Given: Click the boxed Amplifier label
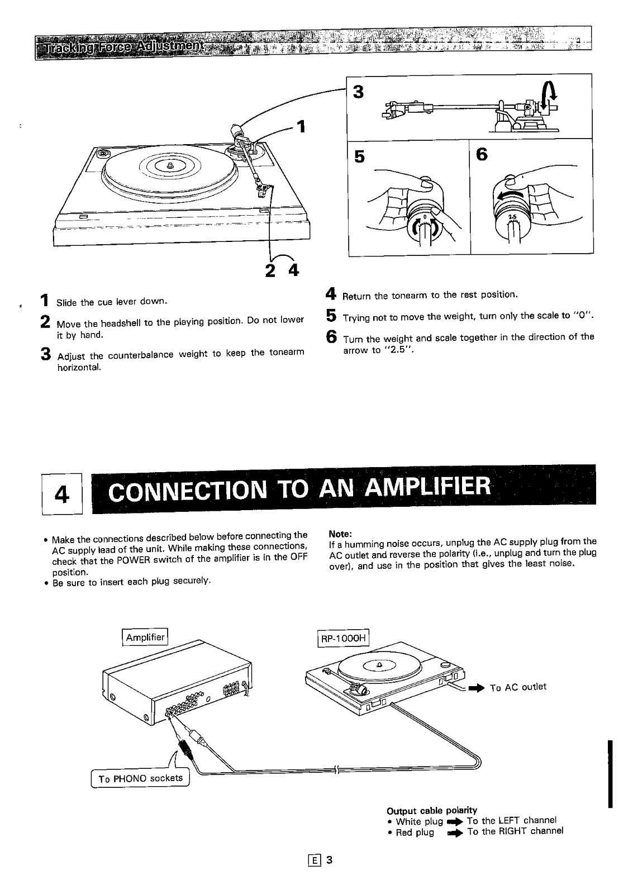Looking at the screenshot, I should [145, 638].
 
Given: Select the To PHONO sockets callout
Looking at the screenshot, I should [141, 778].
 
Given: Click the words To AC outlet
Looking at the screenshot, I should [518, 687].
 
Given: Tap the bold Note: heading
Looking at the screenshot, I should [340, 533].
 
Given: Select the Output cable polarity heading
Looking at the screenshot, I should [432, 810].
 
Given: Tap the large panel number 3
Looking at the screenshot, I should [358, 92].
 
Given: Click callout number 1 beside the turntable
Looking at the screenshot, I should [301, 127].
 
